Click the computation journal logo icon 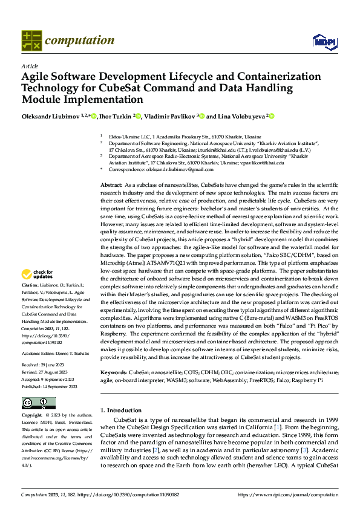(x=31, y=41)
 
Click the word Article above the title (x=29, y=66)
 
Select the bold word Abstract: (x=111, y=184)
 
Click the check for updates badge (x=38, y=273)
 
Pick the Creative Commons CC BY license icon (x=38, y=403)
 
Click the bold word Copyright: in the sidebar (x=31, y=416)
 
